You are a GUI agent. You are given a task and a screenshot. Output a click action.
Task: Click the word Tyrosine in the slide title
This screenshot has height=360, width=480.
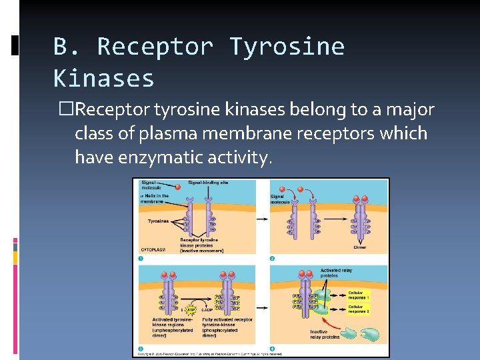click(287, 47)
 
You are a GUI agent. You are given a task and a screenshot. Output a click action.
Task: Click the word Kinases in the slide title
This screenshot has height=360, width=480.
click(103, 79)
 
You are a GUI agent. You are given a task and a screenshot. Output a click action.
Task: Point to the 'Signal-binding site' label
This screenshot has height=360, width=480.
click(208, 182)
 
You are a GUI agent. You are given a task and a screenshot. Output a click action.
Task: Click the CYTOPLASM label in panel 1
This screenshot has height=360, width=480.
click(153, 249)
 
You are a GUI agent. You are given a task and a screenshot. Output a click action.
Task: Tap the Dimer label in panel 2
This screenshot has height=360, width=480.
click(359, 247)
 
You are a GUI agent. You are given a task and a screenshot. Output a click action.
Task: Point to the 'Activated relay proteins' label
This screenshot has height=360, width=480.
click(337, 273)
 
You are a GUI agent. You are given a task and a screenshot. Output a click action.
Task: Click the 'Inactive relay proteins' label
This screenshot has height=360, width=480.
click(325, 334)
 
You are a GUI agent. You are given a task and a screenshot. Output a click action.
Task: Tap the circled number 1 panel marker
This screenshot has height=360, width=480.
click(141, 259)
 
